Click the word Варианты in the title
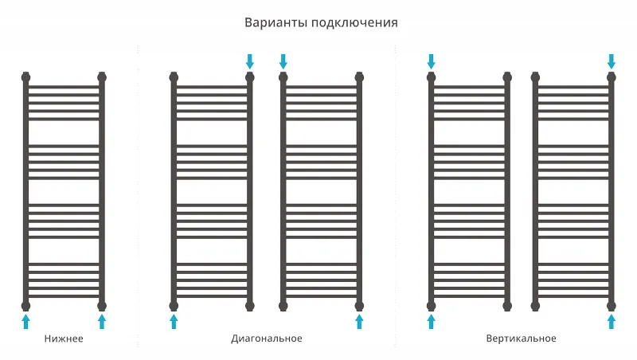(x=276, y=22)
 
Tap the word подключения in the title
(x=354, y=23)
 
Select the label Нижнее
(x=64, y=338)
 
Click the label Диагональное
(x=267, y=338)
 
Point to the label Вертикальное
(x=522, y=338)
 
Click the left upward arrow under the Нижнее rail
(x=25, y=322)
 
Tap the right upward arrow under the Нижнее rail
(x=102, y=322)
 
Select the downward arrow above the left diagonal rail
(x=250, y=61)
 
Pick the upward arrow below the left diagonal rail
(x=174, y=322)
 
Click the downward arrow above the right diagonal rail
(x=283, y=61)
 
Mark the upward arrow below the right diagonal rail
(x=359, y=322)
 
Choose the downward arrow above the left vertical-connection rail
(x=432, y=61)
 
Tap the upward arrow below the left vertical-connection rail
(x=432, y=322)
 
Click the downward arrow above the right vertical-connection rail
(x=612, y=61)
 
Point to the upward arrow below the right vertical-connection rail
(x=612, y=322)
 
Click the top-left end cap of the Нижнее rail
(x=25, y=77)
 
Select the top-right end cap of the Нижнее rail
(x=102, y=77)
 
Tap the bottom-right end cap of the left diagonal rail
(x=250, y=306)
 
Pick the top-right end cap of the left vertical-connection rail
(x=507, y=77)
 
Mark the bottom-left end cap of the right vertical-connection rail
(x=535, y=306)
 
